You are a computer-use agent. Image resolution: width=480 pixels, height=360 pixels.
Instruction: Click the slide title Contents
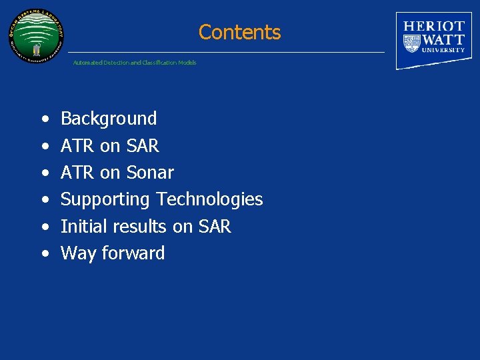coord(239,32)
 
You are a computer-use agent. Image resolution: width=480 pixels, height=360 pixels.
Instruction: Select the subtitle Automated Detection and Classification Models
coord(135,63)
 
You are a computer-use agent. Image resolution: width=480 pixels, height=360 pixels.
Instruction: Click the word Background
coord(109,119)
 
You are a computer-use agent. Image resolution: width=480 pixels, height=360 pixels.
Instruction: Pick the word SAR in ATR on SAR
coord(142,146)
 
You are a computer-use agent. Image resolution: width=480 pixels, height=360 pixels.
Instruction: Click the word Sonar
coord(149,173)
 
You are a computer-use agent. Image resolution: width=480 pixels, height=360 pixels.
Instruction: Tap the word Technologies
coord(209,199)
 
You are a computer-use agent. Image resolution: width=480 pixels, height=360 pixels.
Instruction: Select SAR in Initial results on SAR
coord(214,227)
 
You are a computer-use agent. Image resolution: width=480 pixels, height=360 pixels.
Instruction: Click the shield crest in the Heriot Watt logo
coord(411,43)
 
